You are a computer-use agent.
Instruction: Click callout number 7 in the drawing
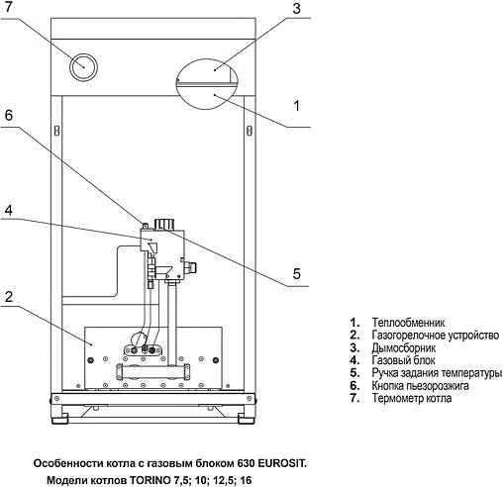coord(8,7)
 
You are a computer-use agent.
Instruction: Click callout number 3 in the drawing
coord(297,8)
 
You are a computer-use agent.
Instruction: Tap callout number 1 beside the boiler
coord(297,106)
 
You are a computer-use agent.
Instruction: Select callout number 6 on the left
coord(9,115)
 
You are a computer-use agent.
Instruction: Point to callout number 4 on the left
coord(9,210)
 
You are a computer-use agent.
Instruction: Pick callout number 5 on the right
coord(297,273)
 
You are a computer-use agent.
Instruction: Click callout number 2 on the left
coord(9,297)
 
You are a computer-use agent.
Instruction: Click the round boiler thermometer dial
coord(83,67)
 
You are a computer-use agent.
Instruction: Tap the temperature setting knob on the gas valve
coord(164,224)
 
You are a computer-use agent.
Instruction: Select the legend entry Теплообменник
coord(408,322)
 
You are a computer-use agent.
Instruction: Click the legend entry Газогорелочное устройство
coord(436,335)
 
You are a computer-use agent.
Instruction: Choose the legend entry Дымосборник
coord(404,347)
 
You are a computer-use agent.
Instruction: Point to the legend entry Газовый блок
coord(403,360)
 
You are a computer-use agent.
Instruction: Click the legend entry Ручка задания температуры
coord(437,373)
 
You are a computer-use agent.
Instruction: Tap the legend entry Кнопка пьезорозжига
coord(420,385)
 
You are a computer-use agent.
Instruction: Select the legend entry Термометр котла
coord(412,398)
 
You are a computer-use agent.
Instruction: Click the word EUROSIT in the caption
coord(282,463)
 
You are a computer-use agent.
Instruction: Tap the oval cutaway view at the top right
coord(207,84)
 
